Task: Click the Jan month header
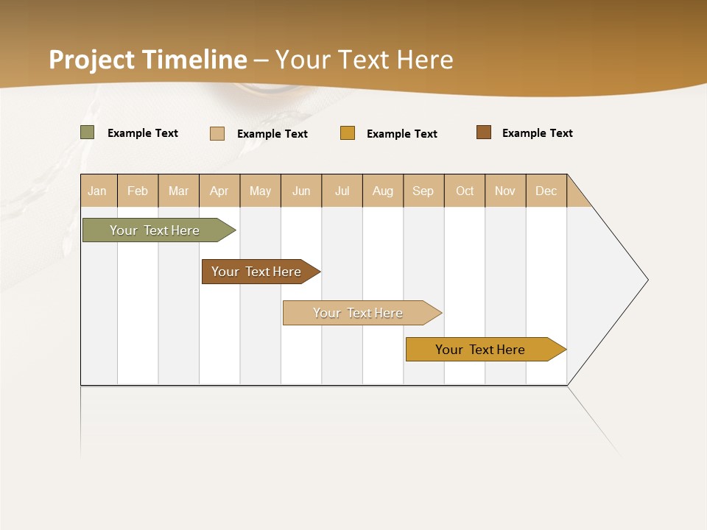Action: pyautogui.click(x=98, y=191)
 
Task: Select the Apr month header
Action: pyautogui.click(x=219, y=191)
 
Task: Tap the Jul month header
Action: pyautogui.click(x=342, y=191)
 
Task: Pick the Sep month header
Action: pyautogui.click(x=423, y=191)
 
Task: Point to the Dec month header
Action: pyautogui.click(x=546, y=191)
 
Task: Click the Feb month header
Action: pyautogui.click(x=138, y=191)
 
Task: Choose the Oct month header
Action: pyautogui.click(x=465, y=191)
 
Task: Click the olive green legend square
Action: pyautogui.click(x=88, y=132)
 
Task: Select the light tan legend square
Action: pyautogui.click(x=217, y=133)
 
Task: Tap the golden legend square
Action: pyautogui.click(x=348, y=133)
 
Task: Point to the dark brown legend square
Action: pyautogui.click(x=484, y=132)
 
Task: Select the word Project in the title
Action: pyautogui.click(x=92, y=60)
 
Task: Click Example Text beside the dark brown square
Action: pyautogui.click(x=537, y=133)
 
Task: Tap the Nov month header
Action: pyautogui.click(x=505, y=191)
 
